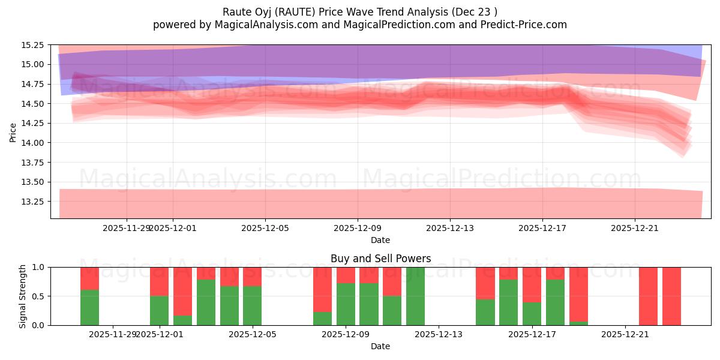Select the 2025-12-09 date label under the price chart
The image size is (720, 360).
tap(358, 228)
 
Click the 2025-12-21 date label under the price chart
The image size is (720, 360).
tap(635, 228)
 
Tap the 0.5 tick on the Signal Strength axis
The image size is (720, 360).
tap(40, 296)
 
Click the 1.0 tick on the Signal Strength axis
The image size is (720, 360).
tap(40, 267)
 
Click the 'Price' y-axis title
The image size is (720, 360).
tap(13, 132)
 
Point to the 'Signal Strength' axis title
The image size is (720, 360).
tap(23, 296)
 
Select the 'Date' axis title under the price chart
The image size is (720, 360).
tap(380, 240)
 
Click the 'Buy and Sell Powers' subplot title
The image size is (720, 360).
tap(380, 259)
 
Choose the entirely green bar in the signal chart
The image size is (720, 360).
tap(415, 296)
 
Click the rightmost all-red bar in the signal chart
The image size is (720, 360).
tap(671, 296)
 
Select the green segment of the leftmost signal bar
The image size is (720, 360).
tap(89, 307)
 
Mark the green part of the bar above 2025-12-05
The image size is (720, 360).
tap(252, 305)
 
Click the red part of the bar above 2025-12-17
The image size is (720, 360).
tap(532, 284)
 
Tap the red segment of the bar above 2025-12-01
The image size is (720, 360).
tap(159, 281)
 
